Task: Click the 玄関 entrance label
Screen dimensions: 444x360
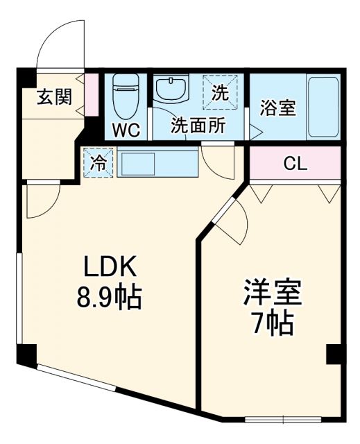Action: [54, 96]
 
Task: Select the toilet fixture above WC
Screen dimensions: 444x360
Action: [126, 97]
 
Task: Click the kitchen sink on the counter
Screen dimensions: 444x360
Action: [141, 164]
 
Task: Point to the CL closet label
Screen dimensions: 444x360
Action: [295, 164]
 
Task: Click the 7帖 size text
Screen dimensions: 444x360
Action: [272, 323]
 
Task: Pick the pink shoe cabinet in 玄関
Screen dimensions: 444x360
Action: [92, 94]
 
